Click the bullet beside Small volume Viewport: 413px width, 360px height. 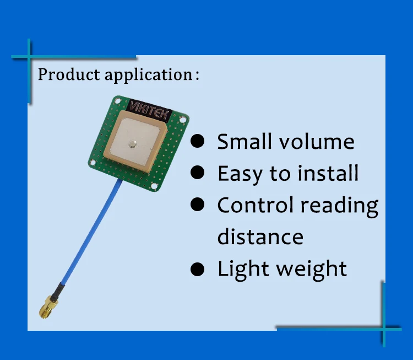point(197,141)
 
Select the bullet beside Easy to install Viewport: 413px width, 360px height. point(197,173)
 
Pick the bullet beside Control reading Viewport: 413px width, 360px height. point(197,205)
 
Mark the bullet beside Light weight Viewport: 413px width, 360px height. point(197,269)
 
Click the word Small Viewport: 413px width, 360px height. point(244,142)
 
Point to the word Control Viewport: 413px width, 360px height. point(255,205)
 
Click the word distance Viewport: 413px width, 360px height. point(260,237)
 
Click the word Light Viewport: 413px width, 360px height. point(243,270)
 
